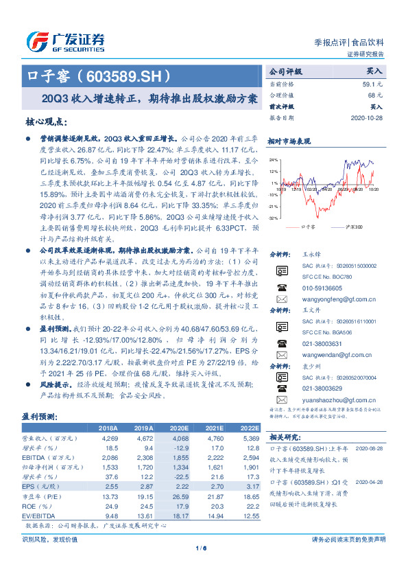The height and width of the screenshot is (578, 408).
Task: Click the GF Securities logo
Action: point(65,41)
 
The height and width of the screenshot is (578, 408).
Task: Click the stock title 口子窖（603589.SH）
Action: point(97,75)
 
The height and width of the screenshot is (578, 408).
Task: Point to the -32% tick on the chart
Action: point(274,217)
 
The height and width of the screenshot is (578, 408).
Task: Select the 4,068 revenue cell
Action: point(181,437)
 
